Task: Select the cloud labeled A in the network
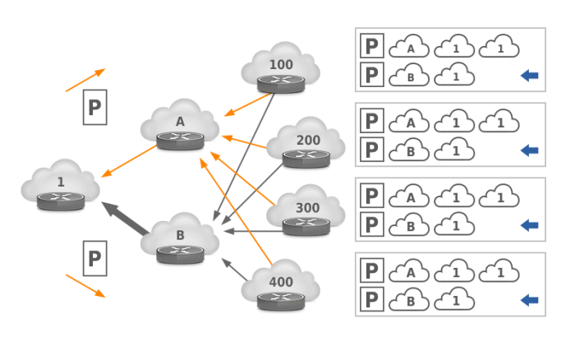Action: (180, 123)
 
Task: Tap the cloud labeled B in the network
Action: (180, 237)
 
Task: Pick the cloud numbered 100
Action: (280, 66)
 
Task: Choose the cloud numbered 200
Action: (306, 141)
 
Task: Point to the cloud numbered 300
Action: (306, 209)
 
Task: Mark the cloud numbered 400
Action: (280, 284)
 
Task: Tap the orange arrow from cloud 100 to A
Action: (248, 104)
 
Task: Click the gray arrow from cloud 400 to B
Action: (234, 270)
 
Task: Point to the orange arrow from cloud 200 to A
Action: (244, 141)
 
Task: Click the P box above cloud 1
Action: (94, 107)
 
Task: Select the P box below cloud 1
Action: (94, 258)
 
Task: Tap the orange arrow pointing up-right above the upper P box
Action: (85, 80)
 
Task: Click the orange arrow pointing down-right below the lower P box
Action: (85, 285)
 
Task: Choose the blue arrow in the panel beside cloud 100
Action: (530, 76)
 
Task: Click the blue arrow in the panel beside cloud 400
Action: (530, 300)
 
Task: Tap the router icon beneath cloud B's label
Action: (180, 252)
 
